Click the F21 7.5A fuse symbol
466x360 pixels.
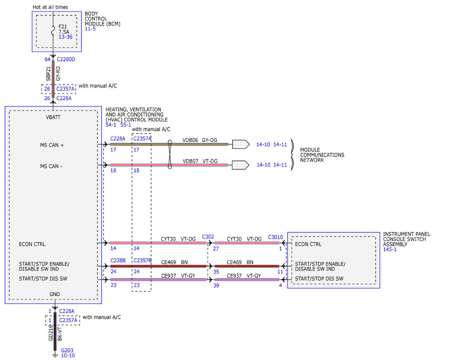(53, 30)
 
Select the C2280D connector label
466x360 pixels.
(66, 59)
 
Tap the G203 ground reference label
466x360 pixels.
(67, 350)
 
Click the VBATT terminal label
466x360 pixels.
(53, 117)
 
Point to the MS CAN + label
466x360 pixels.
(52, 145)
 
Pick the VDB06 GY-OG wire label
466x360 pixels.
(200, 140)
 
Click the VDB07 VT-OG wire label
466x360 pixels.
(200, 161)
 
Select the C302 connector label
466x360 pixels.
(208, 237)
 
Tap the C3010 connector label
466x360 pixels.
(275, 237)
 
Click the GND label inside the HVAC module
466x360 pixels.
(54, 294)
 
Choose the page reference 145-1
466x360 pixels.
(389, 249)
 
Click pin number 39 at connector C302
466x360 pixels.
(216, 285)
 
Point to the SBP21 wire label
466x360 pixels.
(48, 73)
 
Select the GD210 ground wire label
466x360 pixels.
(50, 332)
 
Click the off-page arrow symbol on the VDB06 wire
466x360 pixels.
(241, 144)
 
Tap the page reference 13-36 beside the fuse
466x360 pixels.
(65, 37)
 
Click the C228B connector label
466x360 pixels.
(118, 260)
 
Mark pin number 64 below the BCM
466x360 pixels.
(47, 59)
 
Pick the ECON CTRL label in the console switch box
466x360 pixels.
(308, 244)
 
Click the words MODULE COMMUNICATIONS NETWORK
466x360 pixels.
(322, 155)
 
